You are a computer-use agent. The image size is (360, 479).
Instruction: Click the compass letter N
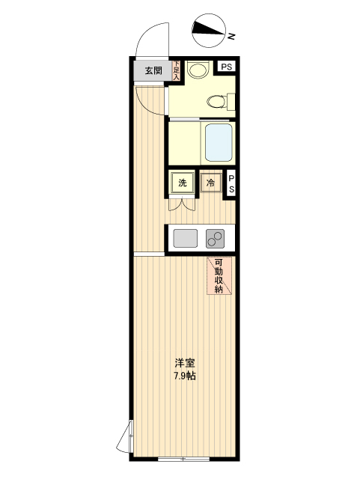point(233,35)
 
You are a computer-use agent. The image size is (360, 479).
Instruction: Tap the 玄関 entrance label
point(153,71)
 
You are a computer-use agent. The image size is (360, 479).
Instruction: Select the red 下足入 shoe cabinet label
point(177,70)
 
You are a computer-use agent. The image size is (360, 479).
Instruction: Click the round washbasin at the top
point(198,70)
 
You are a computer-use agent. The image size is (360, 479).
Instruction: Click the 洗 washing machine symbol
point(183,183)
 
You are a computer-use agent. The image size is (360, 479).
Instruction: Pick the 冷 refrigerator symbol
point(211,183)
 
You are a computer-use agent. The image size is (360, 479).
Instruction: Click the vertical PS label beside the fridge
point(232,184)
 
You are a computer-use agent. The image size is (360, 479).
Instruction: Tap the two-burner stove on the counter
point(216,239)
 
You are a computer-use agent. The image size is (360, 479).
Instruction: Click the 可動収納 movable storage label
point(219,275)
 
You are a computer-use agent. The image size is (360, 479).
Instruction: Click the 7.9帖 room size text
point(184,376)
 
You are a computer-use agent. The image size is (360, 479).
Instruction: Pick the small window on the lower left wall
point(129,436)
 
